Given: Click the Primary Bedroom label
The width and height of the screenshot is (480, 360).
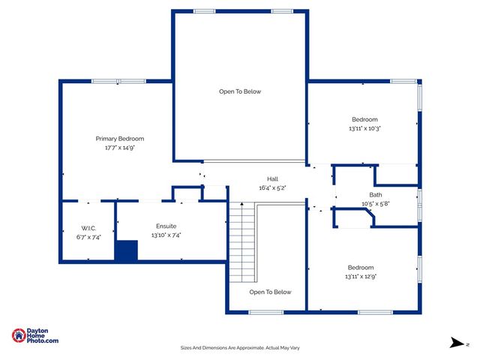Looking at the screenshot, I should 119,139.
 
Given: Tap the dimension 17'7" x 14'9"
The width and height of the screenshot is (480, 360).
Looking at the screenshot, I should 119,148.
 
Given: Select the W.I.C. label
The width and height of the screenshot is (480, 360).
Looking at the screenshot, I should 88,228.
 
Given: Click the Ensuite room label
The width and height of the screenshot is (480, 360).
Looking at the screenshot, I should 166,226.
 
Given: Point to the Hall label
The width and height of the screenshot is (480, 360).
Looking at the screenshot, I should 272,178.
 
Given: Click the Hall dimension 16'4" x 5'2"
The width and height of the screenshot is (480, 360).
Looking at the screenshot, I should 272,187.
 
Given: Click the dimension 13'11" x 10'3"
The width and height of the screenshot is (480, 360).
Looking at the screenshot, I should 364,128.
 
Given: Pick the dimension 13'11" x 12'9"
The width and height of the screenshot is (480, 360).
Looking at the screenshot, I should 360,277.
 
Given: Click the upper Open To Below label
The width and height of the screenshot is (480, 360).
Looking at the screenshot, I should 240,91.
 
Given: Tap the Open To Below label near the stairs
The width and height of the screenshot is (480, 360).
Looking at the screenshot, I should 270,292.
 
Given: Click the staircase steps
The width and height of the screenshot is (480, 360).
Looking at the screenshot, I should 242,240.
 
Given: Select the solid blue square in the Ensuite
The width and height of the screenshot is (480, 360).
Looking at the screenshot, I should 126,250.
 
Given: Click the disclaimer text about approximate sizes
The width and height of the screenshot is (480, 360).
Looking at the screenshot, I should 240,348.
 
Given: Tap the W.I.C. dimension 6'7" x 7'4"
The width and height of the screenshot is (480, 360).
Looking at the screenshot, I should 88,237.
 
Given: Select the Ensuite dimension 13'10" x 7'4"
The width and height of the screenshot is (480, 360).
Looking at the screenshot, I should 166,235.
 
